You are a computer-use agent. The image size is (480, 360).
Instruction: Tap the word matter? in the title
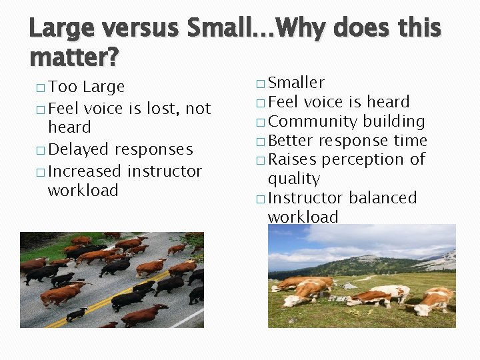74,57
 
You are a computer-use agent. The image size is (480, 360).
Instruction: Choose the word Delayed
79,149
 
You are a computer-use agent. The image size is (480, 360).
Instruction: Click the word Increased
85,171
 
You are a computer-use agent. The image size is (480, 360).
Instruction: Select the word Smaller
296,83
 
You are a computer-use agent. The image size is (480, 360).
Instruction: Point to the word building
394,121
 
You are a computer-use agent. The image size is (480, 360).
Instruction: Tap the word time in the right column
410,141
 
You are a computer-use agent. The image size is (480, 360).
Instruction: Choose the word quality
293,179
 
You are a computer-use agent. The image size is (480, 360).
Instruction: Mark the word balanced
383,198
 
